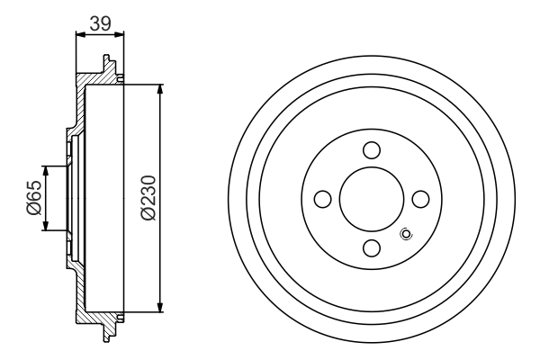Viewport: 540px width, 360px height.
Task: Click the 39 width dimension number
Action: tap(100, 24)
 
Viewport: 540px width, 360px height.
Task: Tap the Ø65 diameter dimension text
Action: tap(33, 197)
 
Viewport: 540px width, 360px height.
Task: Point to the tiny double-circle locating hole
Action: tap(405, 235)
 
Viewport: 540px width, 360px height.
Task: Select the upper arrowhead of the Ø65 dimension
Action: tap(45, 171)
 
